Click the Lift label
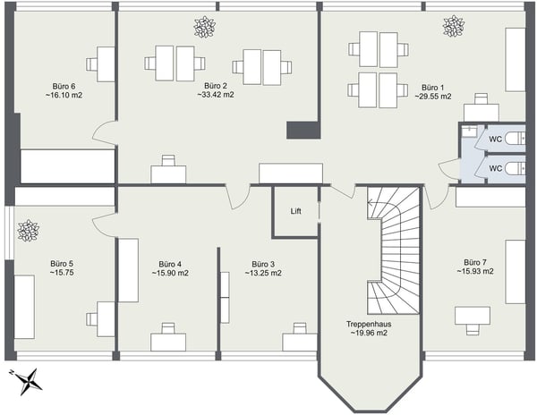(x=296, y=212)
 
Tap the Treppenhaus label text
(x=369, y=324)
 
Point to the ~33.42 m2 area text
(x=216, y=94)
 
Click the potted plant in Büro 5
(x=27, y=231)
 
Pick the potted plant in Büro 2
(x=205, y=28)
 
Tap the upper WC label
(x=494, y=140)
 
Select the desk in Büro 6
(x=100, y=64)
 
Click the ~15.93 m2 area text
(x=475, y=271)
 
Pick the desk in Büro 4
(x=167, y=340)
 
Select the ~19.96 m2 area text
(x=369, y=334)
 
